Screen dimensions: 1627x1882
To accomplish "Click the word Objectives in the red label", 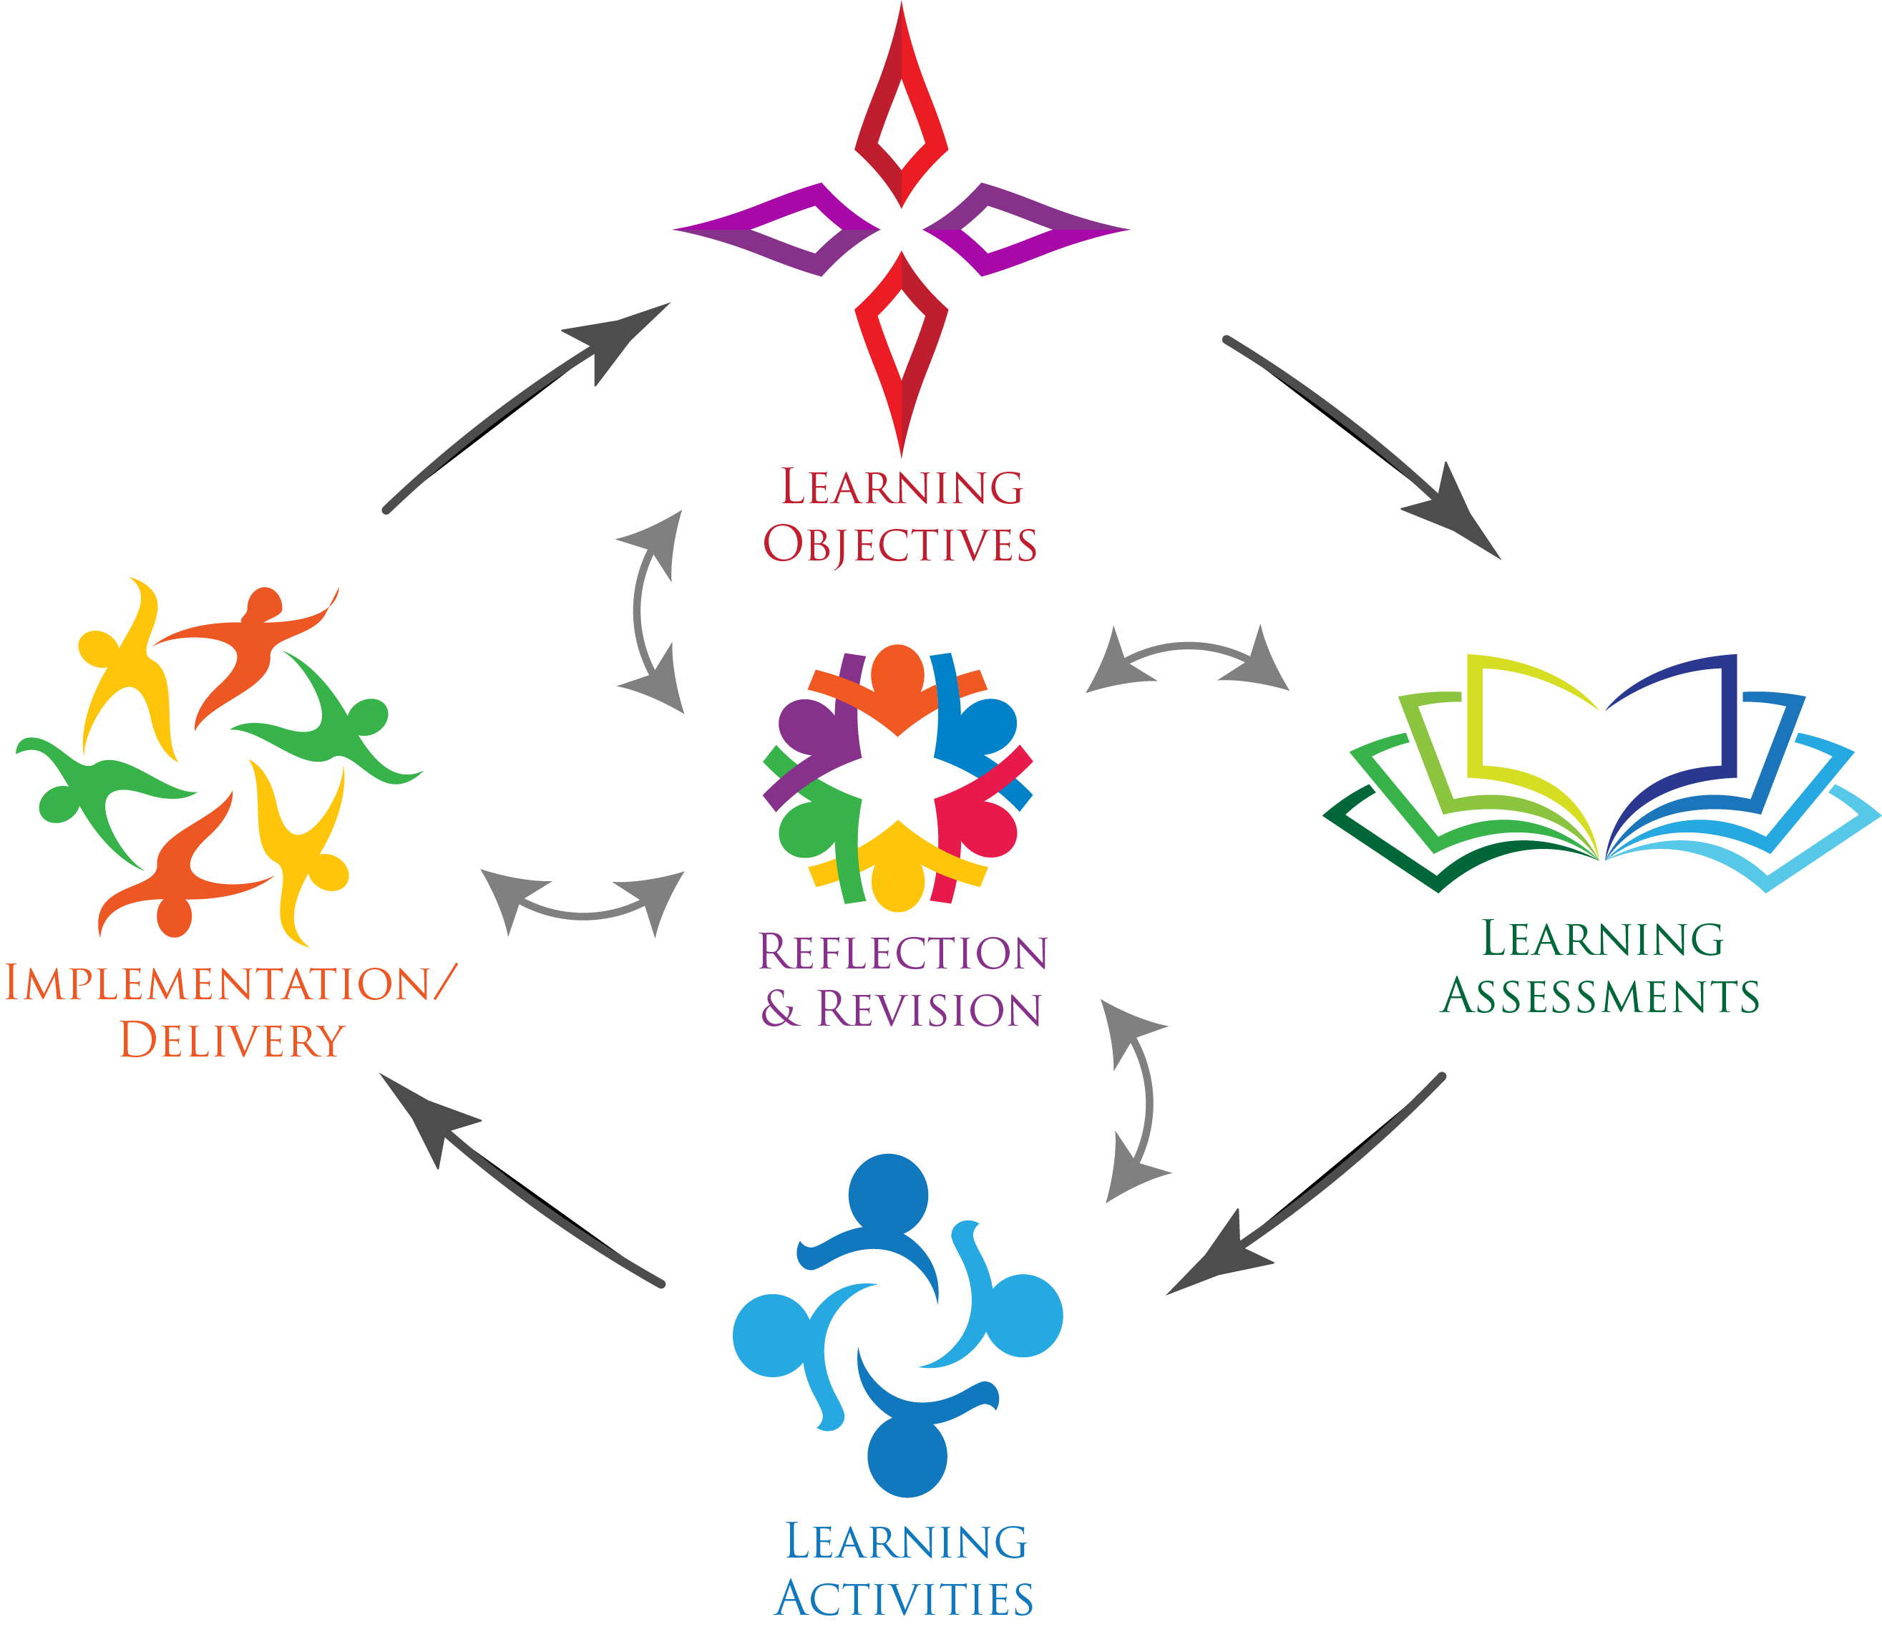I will [899, 545].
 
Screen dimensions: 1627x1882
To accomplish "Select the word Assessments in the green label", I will [1601, 996].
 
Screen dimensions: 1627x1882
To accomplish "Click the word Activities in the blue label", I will [904, 1599].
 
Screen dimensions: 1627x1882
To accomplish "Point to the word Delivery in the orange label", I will [233, 1040].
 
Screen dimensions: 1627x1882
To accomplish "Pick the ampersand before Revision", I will [779, 1009].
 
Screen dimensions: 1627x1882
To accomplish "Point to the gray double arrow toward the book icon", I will [1188, 654].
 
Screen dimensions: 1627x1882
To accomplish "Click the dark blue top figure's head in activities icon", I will [888, 1192].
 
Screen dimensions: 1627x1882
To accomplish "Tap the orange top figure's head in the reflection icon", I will [897, 669].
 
